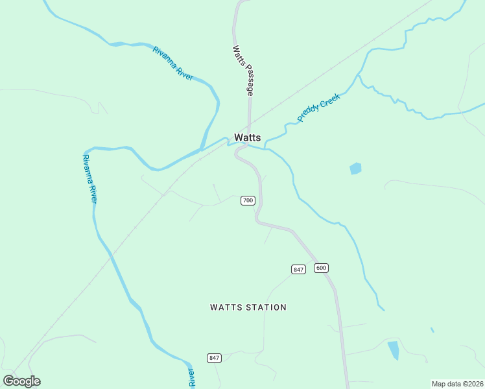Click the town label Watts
point(247,137)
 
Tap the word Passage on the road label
point(249,82)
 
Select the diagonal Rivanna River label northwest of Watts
point(173,64)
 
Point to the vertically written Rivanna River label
point(89,178)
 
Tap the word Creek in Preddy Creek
point(329,100)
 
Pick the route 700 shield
point(248,200)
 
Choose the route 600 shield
point(321,268)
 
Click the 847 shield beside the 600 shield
point(298,269)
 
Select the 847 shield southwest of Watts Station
point(215,358)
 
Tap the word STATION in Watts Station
point(266,307)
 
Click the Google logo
point(21,381)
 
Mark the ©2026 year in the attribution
point(473,384)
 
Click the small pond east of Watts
point(355,169)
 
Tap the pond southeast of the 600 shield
point(394,350)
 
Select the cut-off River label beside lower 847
point(191,378)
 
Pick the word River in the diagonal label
point(184,72)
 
